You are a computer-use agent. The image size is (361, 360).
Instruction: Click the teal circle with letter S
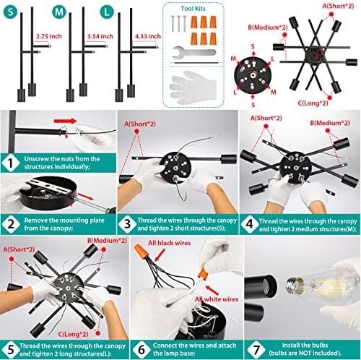(10, 12)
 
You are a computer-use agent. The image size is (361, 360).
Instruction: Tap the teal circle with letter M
(59, 12)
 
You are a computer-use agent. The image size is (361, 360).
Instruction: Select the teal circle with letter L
(107, 12)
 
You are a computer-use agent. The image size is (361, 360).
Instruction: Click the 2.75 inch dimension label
(49, 36)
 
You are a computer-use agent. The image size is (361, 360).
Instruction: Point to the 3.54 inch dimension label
(100, 36)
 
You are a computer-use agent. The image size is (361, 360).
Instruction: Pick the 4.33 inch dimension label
(147, 36)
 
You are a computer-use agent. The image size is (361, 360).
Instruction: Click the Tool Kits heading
(193, 9)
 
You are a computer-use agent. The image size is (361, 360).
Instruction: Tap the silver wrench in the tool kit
(194, 52)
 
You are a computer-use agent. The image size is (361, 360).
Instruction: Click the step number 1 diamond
(11, 163)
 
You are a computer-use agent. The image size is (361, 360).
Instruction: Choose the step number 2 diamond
(11, 224)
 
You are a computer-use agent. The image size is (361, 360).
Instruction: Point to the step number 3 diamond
(127, 224)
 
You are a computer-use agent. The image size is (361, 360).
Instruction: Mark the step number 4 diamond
(250, 224)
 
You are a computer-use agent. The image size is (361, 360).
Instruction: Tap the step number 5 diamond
(11, 350)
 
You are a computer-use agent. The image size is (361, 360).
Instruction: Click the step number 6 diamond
(142, 350)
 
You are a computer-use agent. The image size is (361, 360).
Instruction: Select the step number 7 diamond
(256, 350)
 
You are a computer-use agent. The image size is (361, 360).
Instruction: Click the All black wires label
(169, 243)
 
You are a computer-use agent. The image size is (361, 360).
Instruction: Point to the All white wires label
(217, 299)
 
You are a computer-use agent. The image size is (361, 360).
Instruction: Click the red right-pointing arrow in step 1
(65, 121)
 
